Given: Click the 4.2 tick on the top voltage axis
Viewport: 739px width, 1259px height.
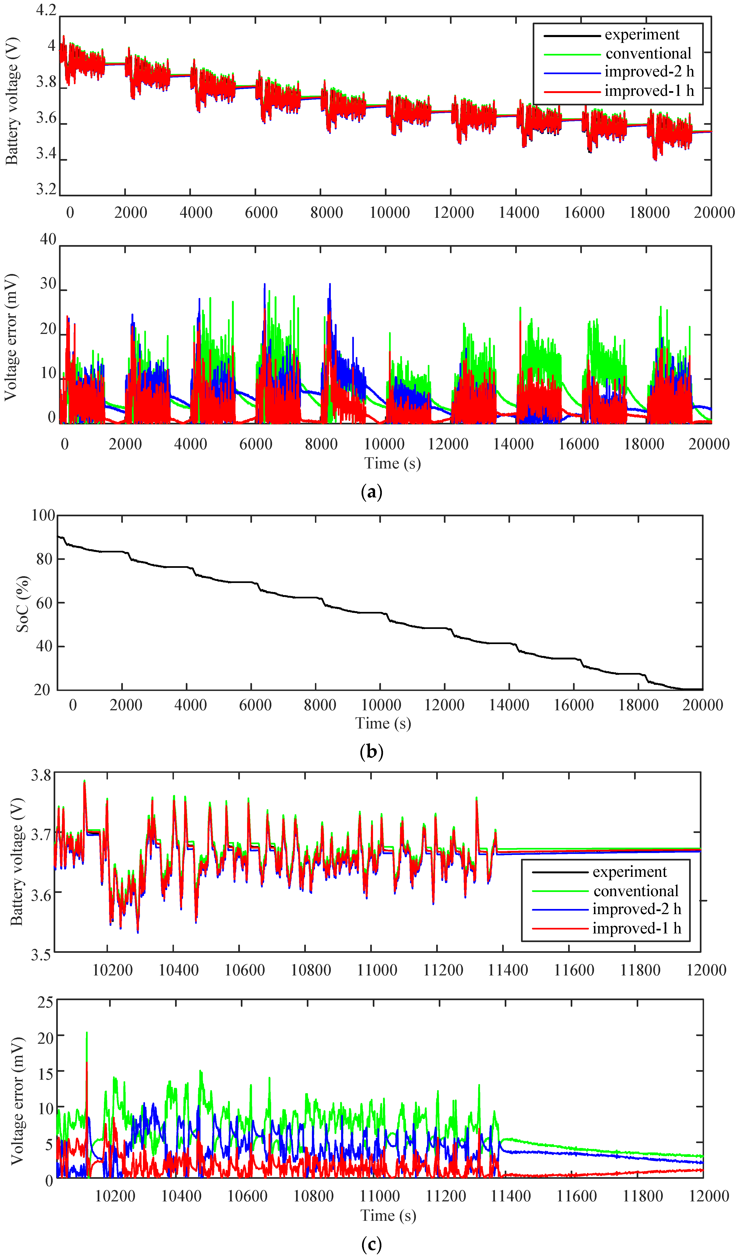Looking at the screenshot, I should coord(46,10).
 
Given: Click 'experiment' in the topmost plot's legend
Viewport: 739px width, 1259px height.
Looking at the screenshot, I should coord(642,35).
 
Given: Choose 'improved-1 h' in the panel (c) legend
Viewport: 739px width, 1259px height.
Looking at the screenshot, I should coord(636,928).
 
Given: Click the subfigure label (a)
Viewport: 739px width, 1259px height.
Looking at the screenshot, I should coord(371,492).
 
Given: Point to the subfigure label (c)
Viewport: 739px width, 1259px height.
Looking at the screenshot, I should coord(371,1244).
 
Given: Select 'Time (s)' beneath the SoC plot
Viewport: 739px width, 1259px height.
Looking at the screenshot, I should coord(383,723).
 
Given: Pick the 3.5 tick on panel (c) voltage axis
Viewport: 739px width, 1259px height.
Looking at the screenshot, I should coord(41,955).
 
